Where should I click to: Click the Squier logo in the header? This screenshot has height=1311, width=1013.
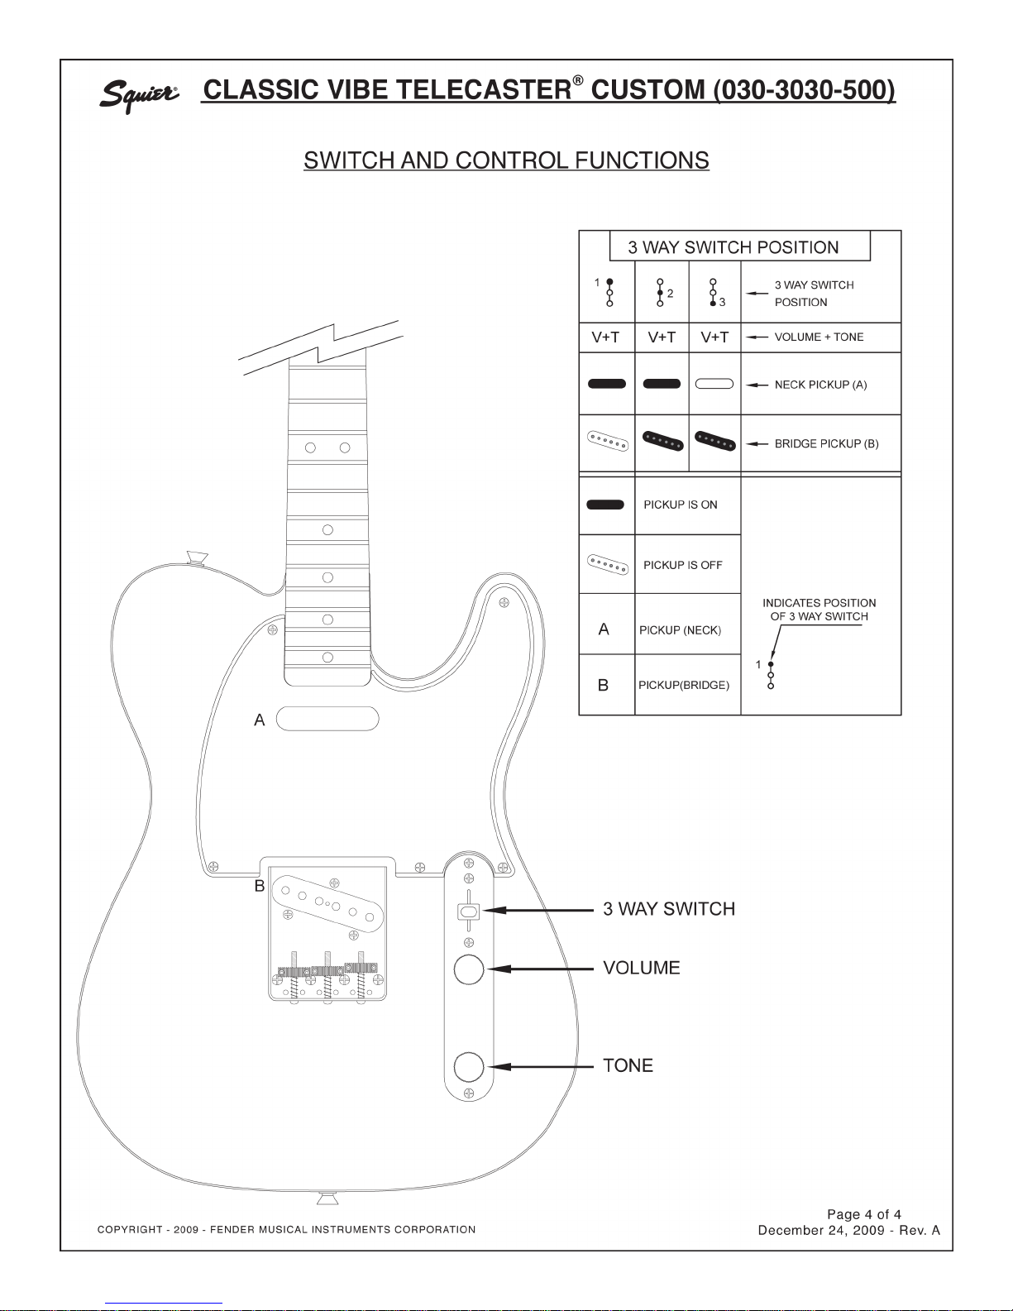point(139,95)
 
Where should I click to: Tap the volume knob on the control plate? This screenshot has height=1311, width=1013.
point(469,969)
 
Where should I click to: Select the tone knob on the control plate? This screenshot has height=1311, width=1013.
point(469,1067)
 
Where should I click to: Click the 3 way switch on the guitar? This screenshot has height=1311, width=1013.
point(469,911)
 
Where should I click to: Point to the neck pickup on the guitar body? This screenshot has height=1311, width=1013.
point(327,719)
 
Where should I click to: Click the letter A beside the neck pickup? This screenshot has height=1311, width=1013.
point(260,720)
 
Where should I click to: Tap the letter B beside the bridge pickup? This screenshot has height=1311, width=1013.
point(260,886)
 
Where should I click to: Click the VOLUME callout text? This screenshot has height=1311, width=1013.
point(642,968)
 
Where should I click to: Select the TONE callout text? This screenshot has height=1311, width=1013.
point(628,1065)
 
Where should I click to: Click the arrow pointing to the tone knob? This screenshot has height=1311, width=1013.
point(541,1067)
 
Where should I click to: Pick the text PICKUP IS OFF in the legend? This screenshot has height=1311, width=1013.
point(682,565)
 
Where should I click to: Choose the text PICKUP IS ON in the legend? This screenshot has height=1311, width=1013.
point(680,505)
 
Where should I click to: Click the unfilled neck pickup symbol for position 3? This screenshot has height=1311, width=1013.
point(714,384)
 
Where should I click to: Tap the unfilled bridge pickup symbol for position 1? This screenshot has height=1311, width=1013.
point(608,441)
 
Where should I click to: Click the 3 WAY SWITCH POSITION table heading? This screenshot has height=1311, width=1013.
point(733,247)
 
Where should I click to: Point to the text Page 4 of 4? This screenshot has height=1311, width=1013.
point(864,1214)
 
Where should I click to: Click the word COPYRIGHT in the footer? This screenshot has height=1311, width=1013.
point(130,1230)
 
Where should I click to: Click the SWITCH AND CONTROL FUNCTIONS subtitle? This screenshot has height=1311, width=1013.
point(506,160)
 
